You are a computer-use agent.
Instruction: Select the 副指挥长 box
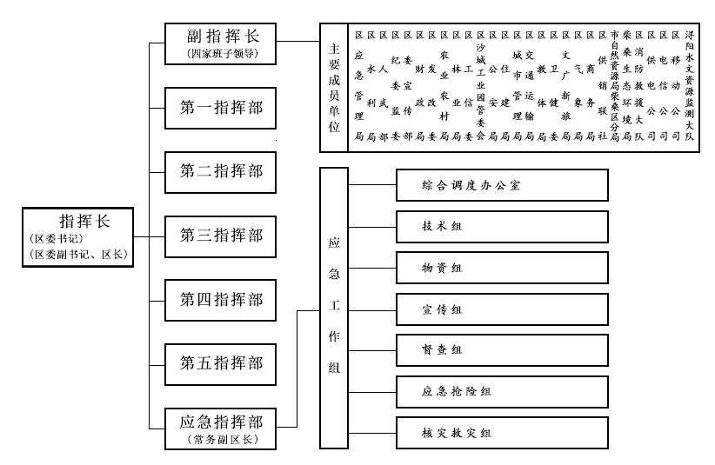(x=221, y=43)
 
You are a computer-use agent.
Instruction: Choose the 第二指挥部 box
(x=221, y=171)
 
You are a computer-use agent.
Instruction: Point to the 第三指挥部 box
(x=221, y=236)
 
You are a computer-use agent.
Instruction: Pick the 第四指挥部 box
(x=221, y=300)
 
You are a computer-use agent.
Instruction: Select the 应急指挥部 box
(x=221, y=428)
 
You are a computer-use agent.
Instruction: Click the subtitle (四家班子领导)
(x=221, y=55)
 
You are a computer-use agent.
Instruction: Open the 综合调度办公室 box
(x=501, y=184)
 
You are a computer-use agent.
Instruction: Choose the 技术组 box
(x=501, y=226)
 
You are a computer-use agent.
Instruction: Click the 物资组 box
(x=501, y=267)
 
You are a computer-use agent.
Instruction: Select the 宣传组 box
(x=501, y=309)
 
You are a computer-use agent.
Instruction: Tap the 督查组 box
(x=501, y=349)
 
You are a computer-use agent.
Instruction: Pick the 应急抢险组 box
(x=501, y=391)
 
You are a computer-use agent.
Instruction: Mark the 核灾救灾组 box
(x=501, y=432)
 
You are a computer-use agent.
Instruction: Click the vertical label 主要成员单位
(x=334, y=87)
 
